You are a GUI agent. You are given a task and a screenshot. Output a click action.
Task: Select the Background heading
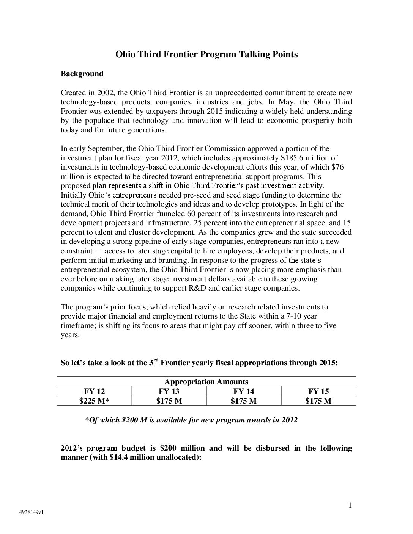[x=82, y=74]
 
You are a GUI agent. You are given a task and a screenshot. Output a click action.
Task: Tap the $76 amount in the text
[x=338, y=167]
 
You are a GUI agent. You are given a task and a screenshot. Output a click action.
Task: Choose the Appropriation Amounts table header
[x=206, y=382]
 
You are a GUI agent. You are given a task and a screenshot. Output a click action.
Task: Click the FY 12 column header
[x=94, y=391]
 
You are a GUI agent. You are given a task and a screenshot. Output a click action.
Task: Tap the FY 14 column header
[x=244, y=391]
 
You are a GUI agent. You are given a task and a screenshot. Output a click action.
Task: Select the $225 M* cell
[x=94, y=401]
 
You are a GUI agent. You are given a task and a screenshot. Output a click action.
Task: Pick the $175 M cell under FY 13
[x=169, y=401]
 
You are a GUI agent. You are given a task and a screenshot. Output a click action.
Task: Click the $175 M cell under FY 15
[x=318, y=401]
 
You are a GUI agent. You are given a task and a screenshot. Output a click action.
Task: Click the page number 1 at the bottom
[x=350, y=505]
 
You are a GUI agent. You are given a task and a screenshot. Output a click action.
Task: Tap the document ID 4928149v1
[x=32, y=512]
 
